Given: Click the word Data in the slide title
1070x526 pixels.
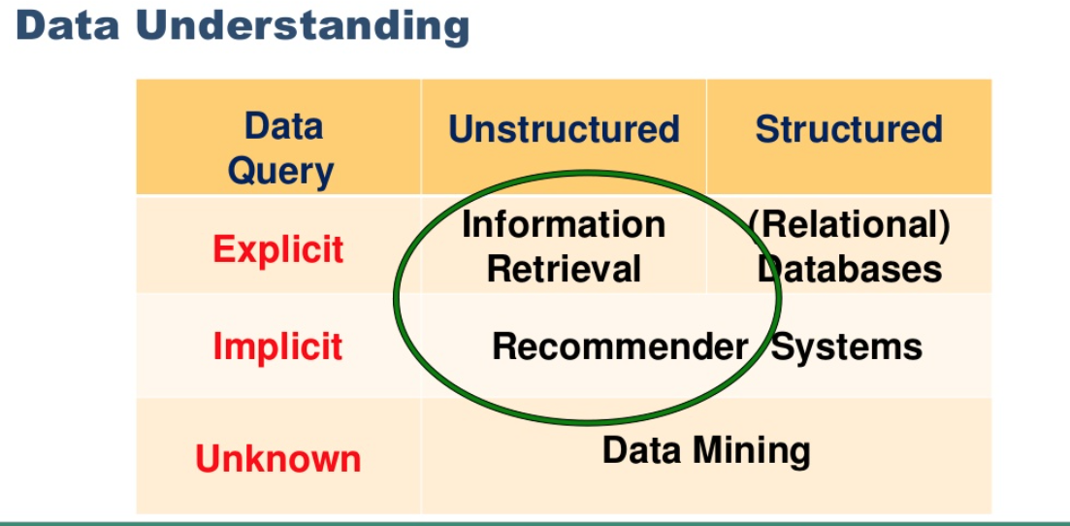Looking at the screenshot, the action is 68,25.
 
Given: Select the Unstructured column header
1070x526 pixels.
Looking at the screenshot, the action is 564,128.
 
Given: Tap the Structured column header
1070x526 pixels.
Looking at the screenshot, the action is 849,128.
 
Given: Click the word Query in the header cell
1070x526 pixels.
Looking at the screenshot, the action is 280,172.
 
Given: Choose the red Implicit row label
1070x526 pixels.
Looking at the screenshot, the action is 277,345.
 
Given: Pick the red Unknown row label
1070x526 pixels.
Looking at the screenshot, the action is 277,458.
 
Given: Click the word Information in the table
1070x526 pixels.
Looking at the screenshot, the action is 564,225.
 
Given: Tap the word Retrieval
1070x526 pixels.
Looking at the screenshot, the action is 564,269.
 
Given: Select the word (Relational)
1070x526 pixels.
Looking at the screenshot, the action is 849,226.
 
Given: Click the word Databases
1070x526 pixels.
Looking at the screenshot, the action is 850,269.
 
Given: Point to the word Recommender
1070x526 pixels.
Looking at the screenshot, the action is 620,346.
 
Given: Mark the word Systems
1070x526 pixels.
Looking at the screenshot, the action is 847,347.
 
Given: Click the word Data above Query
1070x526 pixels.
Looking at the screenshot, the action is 283,126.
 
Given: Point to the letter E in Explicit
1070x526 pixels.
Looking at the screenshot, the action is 223,248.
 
